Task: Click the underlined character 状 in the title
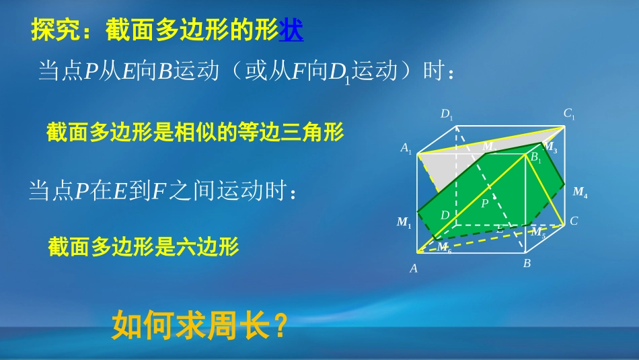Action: [x=291, y=31]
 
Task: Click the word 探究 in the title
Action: [x=54, y=31]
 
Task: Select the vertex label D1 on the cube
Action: [x=447, y=114]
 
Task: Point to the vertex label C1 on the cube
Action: [x=569, y=114]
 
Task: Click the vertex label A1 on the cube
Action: [x=406, y=149]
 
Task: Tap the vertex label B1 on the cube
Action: [x=535, y=158]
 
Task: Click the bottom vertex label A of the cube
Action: [x=414, y=268]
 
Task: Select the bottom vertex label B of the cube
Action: [x=527, y=264]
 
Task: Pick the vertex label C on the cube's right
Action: [x=574, y=221]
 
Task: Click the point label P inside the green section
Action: [x=484, y=203]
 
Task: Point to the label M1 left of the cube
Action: [x=404, y=222]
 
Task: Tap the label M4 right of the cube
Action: [x=580, y=192]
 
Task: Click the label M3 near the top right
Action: [x=550, y=147]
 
